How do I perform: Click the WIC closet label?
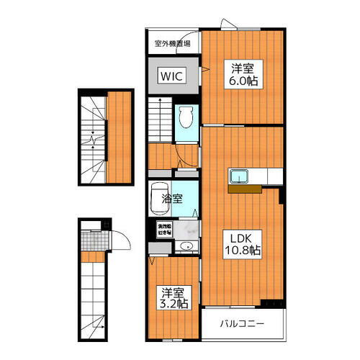coord(171,75)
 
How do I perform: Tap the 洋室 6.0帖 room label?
coord(243,74)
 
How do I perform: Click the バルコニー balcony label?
coord(242,323)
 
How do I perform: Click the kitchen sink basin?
coord(239,176)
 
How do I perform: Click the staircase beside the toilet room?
coord(161,119)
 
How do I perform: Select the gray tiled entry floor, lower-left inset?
coord(91,236)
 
